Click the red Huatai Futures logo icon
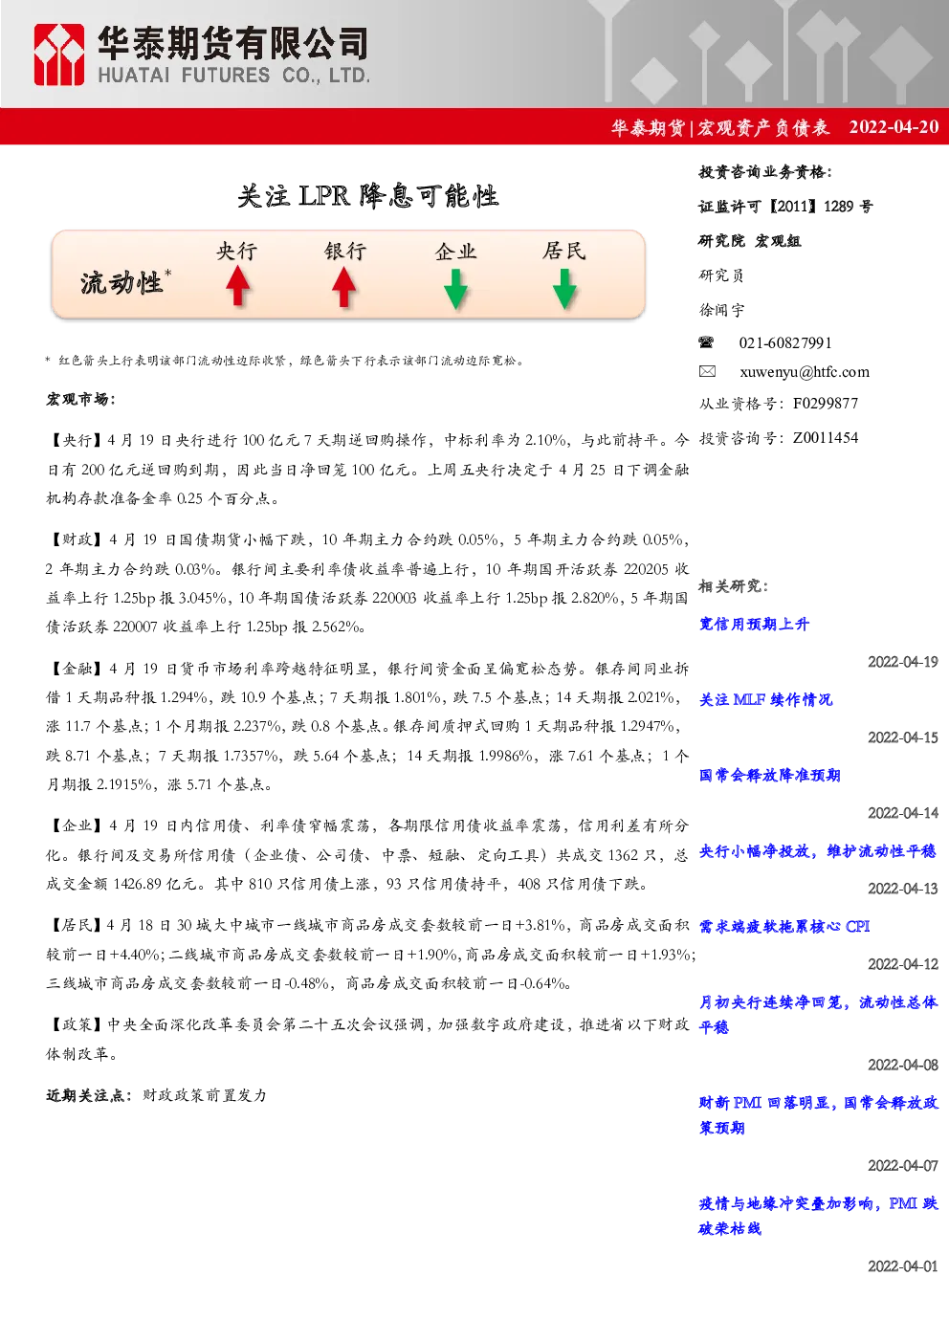point(58,55)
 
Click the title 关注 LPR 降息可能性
point(368,196)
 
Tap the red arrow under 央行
point(238,286)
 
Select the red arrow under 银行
point(343,286)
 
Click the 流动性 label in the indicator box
point(121,283)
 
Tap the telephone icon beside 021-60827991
point(706,342)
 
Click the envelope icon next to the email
point(707,371)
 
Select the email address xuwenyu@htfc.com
point(805,372)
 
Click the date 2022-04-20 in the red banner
point(894,127)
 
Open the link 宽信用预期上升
point(754,625)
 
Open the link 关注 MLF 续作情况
point(765,700)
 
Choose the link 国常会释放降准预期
point(769,775)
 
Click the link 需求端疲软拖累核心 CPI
point(784,926)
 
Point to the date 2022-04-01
point(903,1265)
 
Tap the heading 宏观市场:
point(80,399)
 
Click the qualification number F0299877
point(826,404)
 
